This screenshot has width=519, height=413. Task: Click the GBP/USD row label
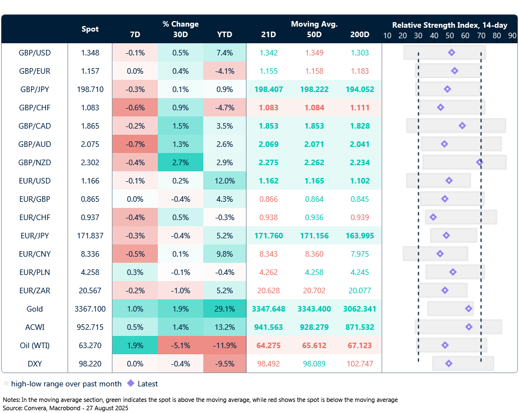(34, 53)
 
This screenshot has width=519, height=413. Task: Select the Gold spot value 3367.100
(90, 309)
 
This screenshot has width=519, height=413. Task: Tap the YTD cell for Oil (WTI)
(224, 345)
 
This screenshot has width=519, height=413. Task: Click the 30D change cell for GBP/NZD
(180, 162)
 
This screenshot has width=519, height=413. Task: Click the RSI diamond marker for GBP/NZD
(480, 162)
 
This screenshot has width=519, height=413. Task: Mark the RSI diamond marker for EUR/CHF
(433, 217)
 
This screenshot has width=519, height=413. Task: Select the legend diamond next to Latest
(131, 383)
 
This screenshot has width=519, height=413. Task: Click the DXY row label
(34, 364)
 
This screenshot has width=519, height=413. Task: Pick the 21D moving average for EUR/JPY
(269, 236)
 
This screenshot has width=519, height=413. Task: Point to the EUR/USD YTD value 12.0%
(224, 181)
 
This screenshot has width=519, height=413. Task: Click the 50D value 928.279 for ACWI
(314, 327)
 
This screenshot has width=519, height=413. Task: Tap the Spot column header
(90, 29)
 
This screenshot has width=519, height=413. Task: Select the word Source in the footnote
(13, 407)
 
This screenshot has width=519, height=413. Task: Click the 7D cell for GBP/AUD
(135, 144)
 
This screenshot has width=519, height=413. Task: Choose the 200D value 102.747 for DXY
(359, 364)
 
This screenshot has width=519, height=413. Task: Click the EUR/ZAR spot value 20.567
(90, 290)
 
